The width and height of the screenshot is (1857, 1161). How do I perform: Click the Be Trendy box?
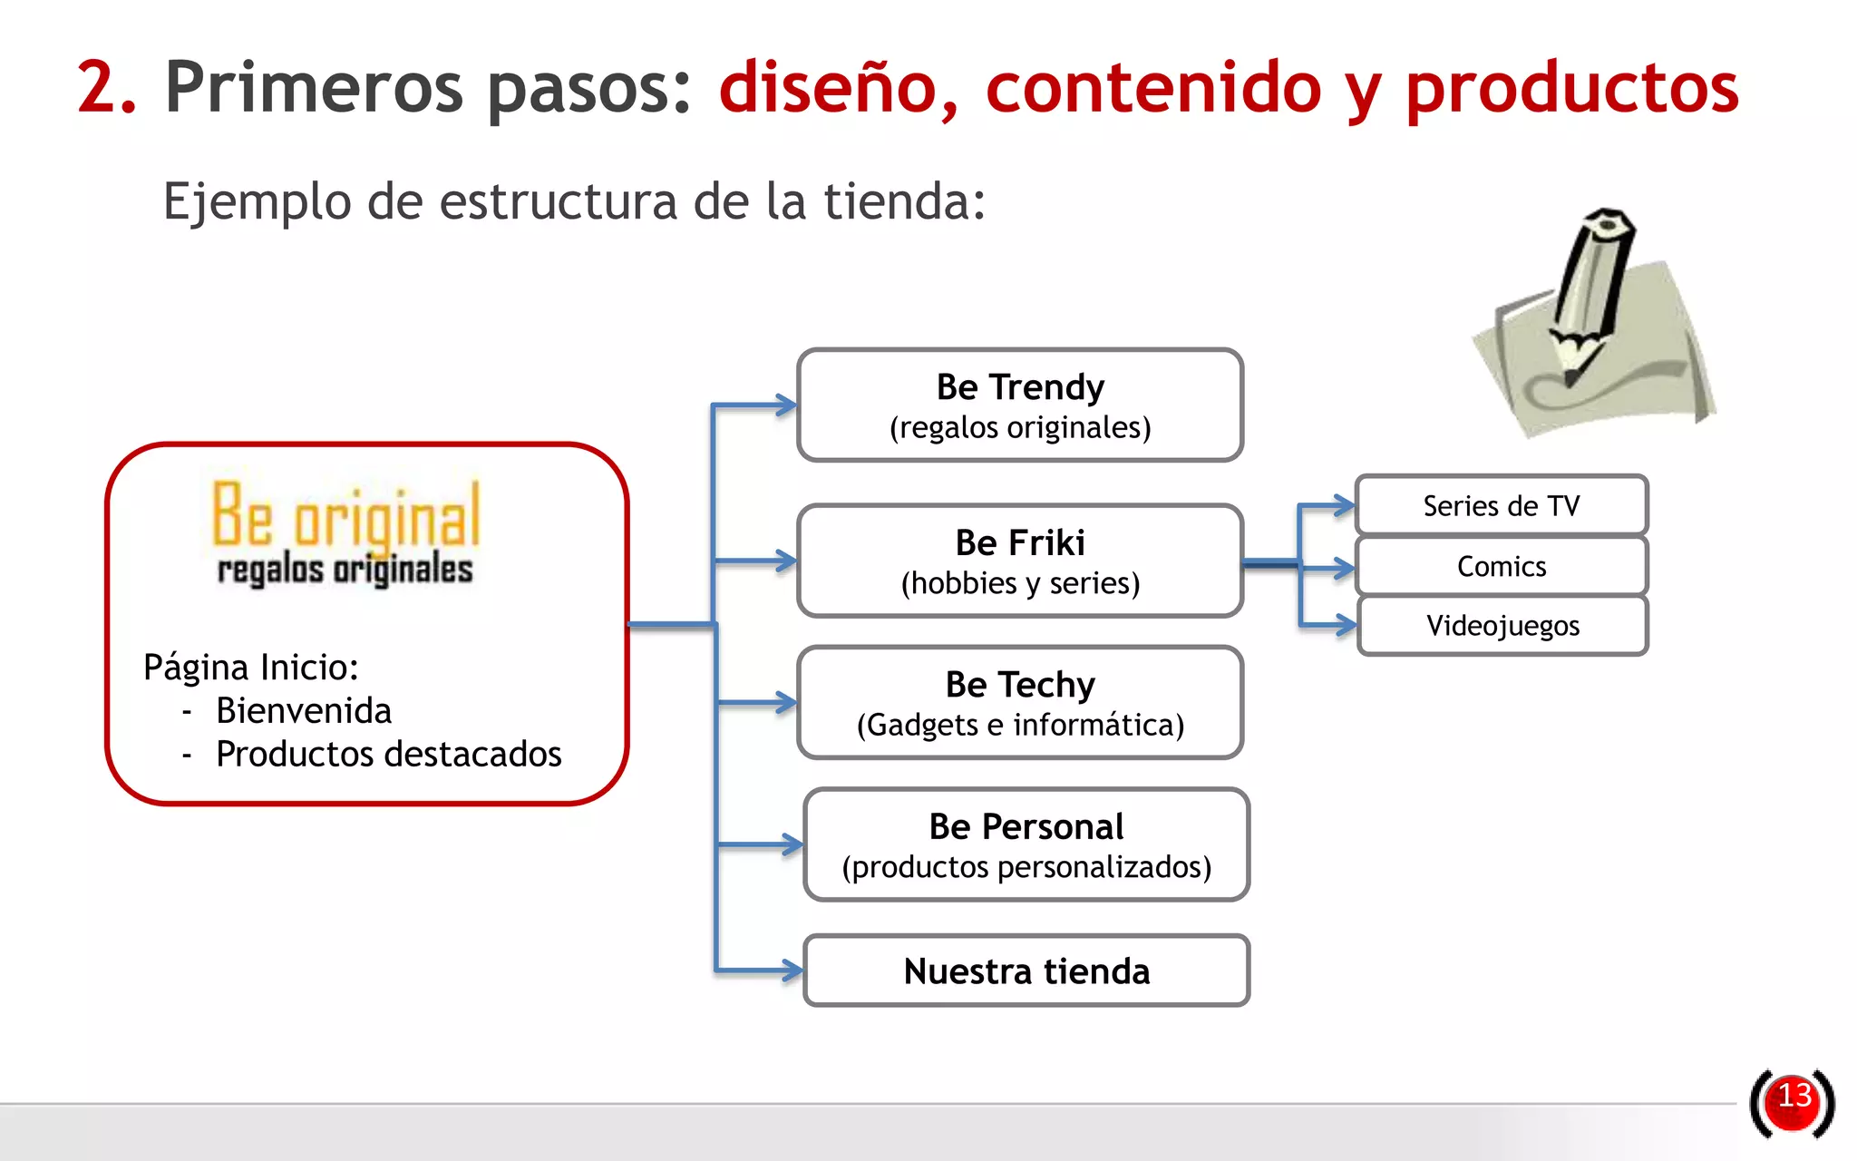(x=1019, y=405)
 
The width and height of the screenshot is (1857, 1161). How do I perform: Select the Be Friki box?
(x=1019, y=561)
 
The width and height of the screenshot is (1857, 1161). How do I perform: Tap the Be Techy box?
(x=1019, y=703)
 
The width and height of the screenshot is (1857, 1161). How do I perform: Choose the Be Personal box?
(x=1026, y=844)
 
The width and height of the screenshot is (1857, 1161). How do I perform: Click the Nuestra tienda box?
(x=1026, y=971)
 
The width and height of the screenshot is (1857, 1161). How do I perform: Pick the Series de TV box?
(x=1501, y=505)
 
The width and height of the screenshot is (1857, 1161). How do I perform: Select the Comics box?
(x=1501, y=566)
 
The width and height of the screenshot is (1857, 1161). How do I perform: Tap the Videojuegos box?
(x=1502, y=626)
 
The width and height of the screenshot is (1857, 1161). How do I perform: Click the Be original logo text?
(x=345, y=514)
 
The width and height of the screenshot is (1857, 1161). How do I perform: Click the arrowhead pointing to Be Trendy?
(x=785, y=405)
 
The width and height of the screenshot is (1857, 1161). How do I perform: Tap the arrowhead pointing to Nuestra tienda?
(x=792, y=971)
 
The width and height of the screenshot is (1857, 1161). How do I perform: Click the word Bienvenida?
(x=304, y=711)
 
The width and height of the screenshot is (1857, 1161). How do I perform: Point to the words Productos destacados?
(x=388, y=755)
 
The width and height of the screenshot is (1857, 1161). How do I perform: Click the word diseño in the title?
(x=837, y=88)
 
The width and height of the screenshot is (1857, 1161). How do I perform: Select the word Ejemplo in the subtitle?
(x=257, y=201)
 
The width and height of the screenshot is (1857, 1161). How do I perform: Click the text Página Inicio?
(x=251, y=668)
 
